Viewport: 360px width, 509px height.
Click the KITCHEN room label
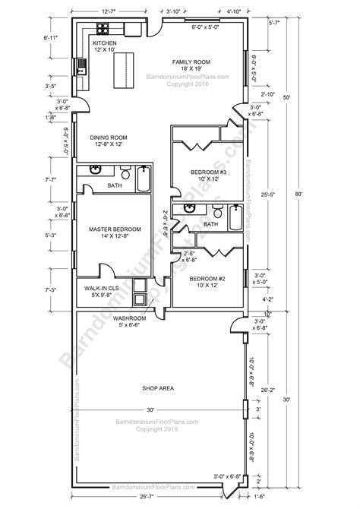pos(104,44)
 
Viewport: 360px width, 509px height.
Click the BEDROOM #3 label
pos(208,173)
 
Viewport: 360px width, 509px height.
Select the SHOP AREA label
pos(158,388)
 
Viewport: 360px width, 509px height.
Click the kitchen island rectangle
pos(122,72)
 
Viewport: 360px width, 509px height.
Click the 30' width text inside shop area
pos(150,409)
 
